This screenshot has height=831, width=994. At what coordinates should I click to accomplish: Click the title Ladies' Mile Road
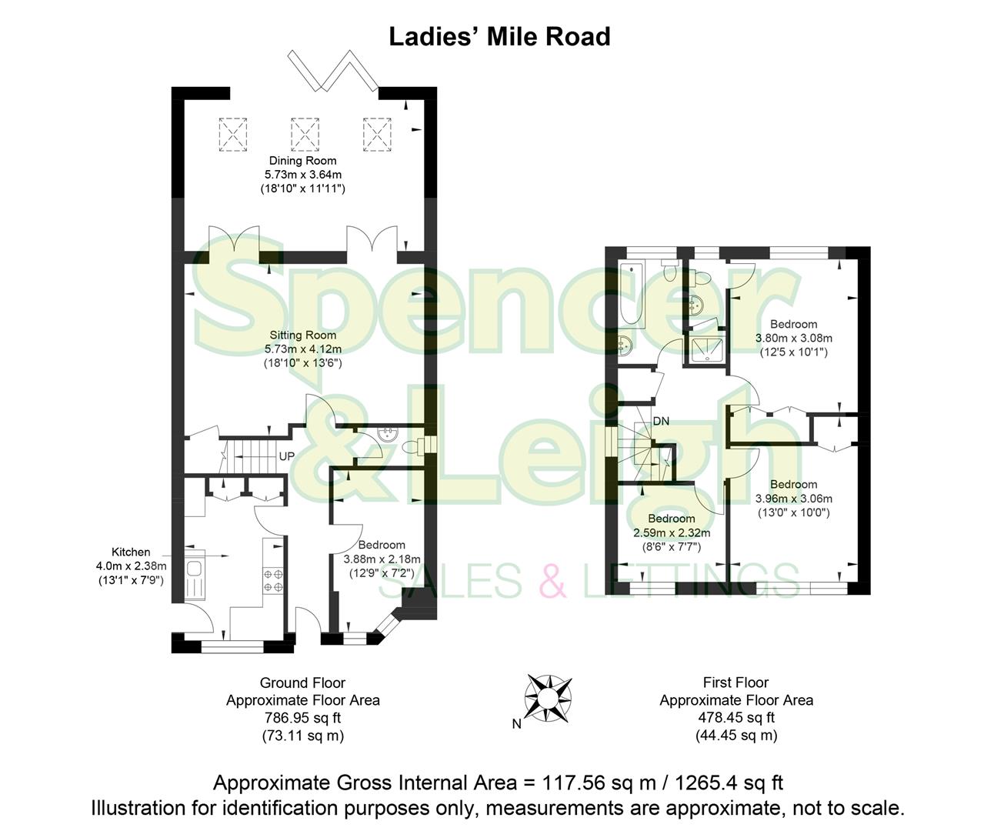click(x=499, y=36)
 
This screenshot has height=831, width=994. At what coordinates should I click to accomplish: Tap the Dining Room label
click(x=302, y=161)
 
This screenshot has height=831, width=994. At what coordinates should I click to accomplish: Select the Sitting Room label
click(x=302, y=335)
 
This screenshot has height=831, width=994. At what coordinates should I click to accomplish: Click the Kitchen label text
click(x=131, y=552)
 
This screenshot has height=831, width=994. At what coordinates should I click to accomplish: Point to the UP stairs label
click(x=286, y=456)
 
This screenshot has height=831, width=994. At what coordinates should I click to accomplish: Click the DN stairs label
click(x=661, y=422)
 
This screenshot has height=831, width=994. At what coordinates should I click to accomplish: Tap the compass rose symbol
click(x=547, y=696)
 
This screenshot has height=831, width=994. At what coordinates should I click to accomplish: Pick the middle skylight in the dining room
click(x=305, y=134)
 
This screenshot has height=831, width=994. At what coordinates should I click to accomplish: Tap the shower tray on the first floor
click(x=705, y=350)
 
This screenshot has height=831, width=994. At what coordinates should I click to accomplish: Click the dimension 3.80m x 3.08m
click(x=796, y=338)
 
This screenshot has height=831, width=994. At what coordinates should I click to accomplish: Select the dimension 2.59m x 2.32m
click(x=671, y=532)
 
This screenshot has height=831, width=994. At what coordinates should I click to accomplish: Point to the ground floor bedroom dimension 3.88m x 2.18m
click(x=382, y=559)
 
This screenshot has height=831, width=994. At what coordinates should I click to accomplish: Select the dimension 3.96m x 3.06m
click(x=794, y=499)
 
